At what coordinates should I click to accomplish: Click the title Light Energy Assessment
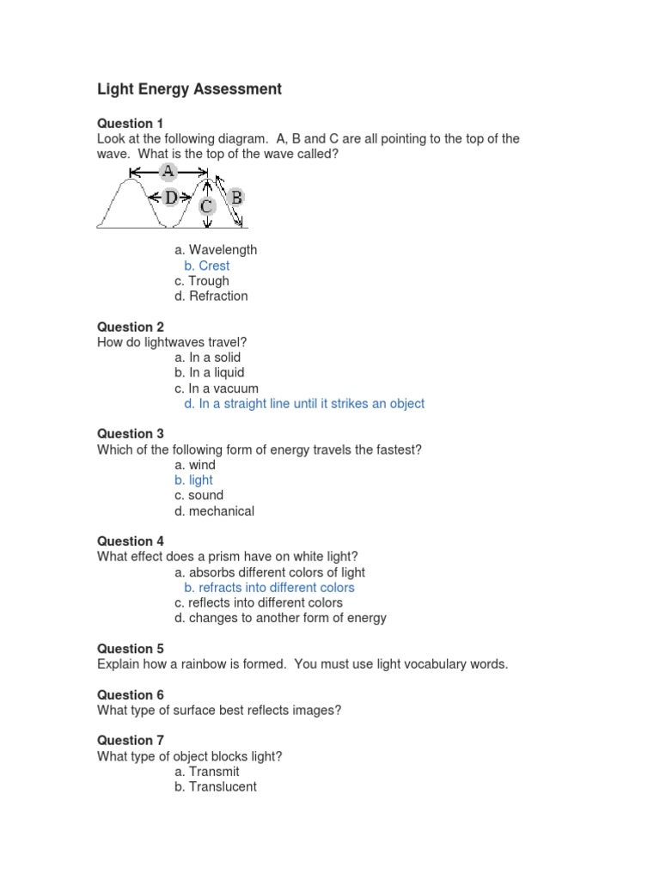pos(189,89)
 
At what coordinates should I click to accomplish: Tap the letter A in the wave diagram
pos(168,172)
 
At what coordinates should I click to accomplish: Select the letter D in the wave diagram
pos(171,199)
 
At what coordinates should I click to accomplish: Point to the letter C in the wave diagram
pos(207,207)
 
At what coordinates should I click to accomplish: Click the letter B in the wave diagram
pos(235,198)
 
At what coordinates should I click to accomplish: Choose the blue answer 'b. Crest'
pos(206,266)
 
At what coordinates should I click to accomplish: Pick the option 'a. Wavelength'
pos(215,250)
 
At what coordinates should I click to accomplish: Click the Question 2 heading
pos(130,327)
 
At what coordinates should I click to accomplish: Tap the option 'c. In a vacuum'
pos(216,388)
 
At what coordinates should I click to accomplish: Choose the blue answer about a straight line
pos(304,404)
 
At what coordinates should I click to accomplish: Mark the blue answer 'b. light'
pos(193,480)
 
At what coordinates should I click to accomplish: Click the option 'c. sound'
pos(199,496)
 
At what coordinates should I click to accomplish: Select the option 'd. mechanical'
pos(214,511)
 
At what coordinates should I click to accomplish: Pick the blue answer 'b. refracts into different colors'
pos(269,588)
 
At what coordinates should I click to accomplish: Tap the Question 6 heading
pos(130,694)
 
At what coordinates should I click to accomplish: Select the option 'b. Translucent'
pos(215,787)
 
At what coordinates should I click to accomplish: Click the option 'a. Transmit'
pos(206,772)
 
